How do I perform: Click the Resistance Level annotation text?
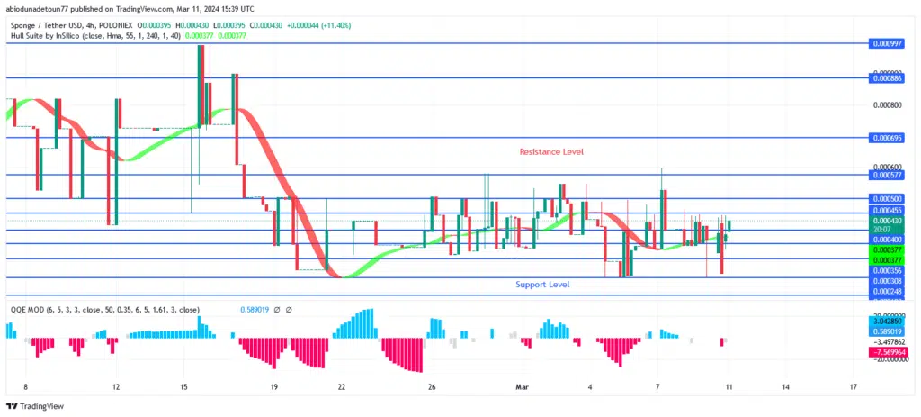tap(551, 152)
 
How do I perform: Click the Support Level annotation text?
tap(542, 285)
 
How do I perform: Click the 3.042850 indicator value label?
tap(886, 321)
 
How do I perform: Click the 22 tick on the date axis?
tap(342, 387)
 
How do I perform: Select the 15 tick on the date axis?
tap(183, 387)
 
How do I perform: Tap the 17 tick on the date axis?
tap(853, 387)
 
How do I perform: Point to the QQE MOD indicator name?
tap(27, 309)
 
